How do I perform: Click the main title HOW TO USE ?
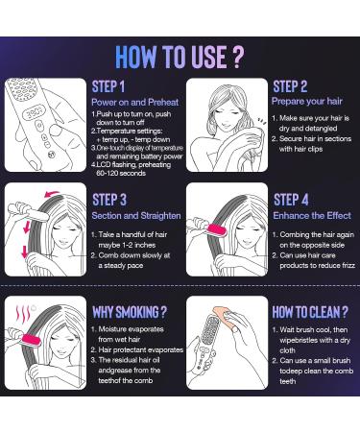click(180, 57)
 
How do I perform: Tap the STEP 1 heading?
click(108, 86)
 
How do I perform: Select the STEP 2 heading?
click(290, 86)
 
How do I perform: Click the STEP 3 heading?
click(109, 200)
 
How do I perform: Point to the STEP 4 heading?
click(291, 200)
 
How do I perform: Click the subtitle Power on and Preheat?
click(135, 102)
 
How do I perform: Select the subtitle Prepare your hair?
click(307, 101)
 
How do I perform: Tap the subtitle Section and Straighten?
click(136, 215)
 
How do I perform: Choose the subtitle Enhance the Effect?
click(312, 215)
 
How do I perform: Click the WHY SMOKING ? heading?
click(130, 312)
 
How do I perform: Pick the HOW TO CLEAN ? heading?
click(310, 312)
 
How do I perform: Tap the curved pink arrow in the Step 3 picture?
click(53, 193)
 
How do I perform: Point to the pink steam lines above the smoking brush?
click(23, 314)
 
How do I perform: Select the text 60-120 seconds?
click(121, 173)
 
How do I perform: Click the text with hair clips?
click(300, 149)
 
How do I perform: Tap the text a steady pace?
click(121, 266)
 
